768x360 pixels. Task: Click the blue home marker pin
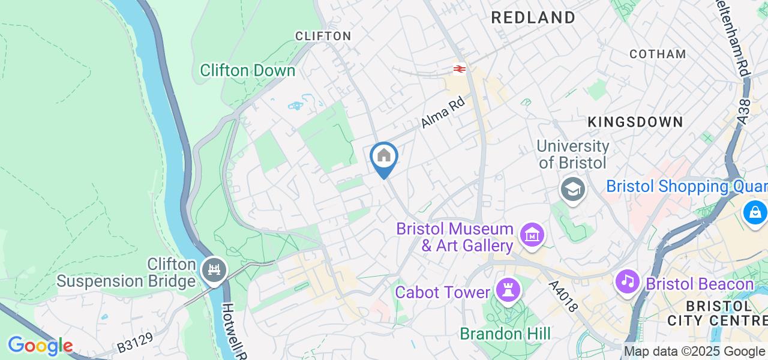tap(383, 157)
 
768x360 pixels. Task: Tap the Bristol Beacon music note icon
tap(628, 281)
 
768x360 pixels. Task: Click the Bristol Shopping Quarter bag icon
tap(755, 212)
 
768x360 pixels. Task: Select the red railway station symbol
tap(460, 70)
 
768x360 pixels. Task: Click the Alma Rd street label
tap(443, 113)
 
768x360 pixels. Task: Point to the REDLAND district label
tap(533, 18)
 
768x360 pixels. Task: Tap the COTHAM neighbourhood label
tap(658, 54)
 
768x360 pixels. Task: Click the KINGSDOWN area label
tap(635, 122)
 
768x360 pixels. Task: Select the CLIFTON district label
tap(323, 36)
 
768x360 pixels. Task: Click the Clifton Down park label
tap(247, 70)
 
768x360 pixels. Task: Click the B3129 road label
tap(134, 343)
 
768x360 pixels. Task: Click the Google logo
tap(40, 346)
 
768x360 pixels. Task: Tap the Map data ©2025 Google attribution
tap(694, 352)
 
